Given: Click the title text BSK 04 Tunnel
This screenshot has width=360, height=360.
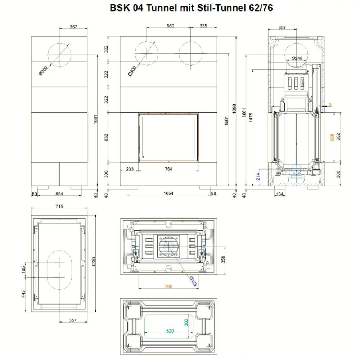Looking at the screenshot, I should tap(144, 8).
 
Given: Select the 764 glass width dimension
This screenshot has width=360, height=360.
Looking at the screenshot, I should tap(168, 169).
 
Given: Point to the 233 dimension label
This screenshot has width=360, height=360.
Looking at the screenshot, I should tap(130, 169).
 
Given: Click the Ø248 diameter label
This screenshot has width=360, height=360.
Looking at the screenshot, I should tap(297, 58).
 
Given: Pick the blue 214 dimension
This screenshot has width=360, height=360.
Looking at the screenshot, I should tap(258, 176).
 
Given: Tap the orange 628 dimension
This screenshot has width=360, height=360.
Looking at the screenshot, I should tap(332, 138).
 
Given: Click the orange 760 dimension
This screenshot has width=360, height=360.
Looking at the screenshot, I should tap(168, 287).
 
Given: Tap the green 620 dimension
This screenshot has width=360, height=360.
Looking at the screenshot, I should tap(170, 331).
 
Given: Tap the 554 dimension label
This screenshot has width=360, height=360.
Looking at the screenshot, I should tap(59, 194).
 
